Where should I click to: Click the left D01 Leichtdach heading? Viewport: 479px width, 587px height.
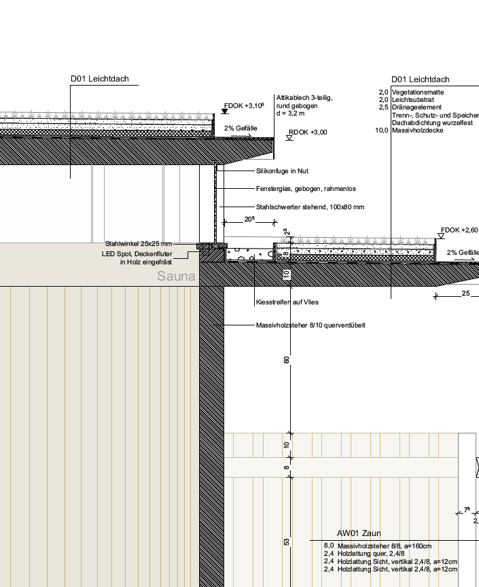(99, 79)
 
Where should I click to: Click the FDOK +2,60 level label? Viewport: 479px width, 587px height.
(459, 230)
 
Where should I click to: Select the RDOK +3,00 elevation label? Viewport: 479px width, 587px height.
(308, 132)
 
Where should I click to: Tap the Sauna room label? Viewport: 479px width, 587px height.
(176, 277)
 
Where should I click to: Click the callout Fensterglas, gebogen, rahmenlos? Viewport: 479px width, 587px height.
(306, 188)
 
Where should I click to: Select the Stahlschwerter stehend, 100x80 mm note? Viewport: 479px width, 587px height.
(310, 207)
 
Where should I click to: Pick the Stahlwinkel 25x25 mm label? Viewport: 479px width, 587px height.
(139, 244)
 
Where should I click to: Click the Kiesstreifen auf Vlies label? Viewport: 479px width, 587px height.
(287, 302)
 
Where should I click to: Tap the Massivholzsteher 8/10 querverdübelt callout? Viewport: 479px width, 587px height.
(311, 325)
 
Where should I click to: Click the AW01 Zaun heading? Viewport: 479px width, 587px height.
(357, 533)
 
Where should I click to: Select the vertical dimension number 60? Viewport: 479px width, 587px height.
(287, 359)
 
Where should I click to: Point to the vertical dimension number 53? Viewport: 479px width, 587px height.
(287, 541)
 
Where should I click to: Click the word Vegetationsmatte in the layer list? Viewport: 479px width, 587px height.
(418, 92)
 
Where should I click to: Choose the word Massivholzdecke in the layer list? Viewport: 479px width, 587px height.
(418, 130)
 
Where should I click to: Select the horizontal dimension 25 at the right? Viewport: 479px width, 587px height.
(465, 293)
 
